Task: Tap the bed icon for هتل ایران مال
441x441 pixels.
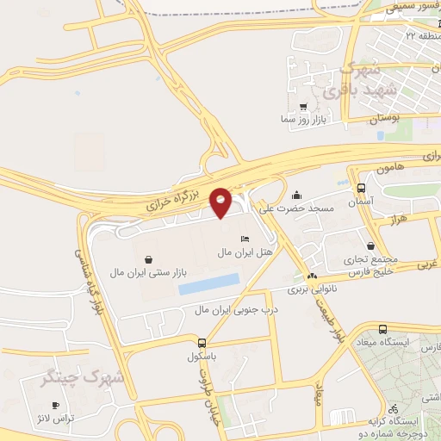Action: pos(245,239)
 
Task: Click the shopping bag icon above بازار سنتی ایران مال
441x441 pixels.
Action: pos(150,258)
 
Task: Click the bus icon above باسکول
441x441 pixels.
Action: pos(202,342)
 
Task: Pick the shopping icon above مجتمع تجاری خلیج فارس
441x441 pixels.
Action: pos(370,245)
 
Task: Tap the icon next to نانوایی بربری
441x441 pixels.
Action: pos(310,277)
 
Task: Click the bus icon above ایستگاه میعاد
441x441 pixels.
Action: pos(382,329)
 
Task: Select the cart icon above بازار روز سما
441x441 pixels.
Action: pos(302,107)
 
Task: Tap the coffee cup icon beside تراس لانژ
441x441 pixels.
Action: pos(56,405)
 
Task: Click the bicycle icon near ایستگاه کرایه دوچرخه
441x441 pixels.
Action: pos(393,408)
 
